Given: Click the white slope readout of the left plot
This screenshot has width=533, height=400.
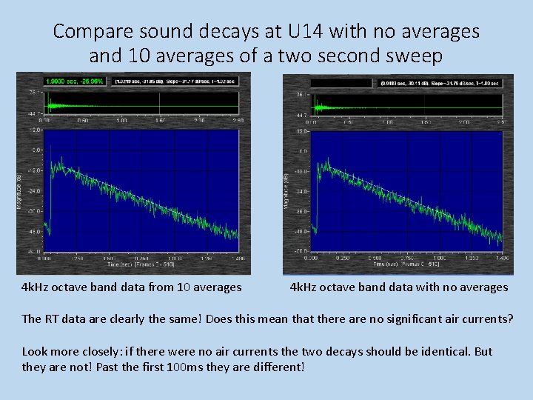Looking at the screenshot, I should coord(173,81).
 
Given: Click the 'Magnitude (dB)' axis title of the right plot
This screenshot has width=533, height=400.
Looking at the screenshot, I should coord(287,190).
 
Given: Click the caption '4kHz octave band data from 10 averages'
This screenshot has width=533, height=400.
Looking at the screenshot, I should coord(132,287).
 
